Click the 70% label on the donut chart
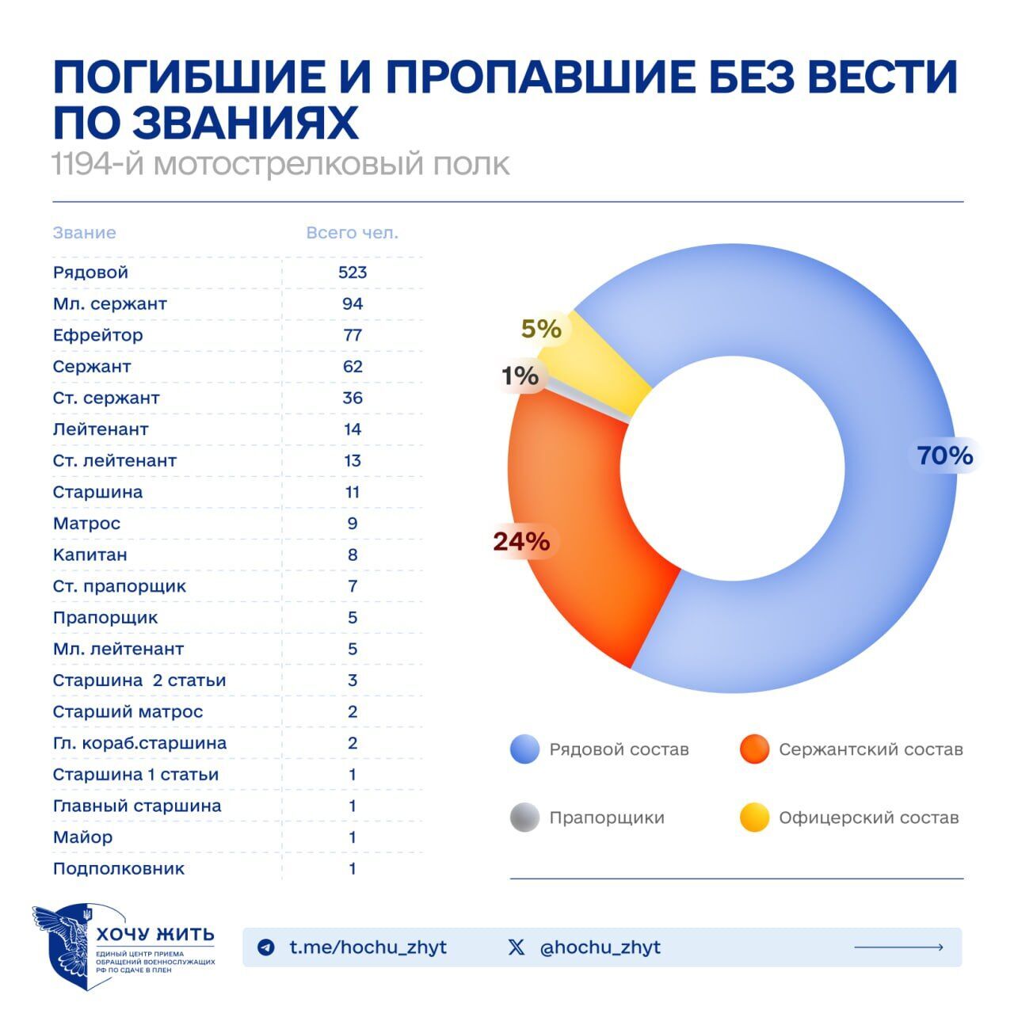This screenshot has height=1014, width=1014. point(944,456)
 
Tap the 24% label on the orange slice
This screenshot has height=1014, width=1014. point(521,542)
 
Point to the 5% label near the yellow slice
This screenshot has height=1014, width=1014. point(541,328)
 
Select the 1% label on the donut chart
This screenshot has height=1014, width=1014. point(520,375)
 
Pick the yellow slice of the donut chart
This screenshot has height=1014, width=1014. point(606,360)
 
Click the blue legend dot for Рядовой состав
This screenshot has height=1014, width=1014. point(524,749)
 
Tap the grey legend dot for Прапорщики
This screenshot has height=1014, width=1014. point(524,818)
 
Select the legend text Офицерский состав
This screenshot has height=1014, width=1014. point(868,818)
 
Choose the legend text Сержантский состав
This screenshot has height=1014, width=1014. point(871,749)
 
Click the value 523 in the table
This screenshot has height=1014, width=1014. point(353,273)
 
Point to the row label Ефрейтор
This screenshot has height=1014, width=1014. point(98,335)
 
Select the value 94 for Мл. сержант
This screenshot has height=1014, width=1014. point(353,303)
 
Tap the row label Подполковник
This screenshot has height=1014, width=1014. point(119,868)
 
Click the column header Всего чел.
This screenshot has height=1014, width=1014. point(353,233)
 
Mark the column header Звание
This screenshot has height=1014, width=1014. point(85,233)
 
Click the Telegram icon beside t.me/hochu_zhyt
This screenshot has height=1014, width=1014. point(267,947)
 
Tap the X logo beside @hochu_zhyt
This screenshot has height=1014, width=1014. point(517,947)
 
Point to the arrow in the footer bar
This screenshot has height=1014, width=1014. point(898,947)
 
